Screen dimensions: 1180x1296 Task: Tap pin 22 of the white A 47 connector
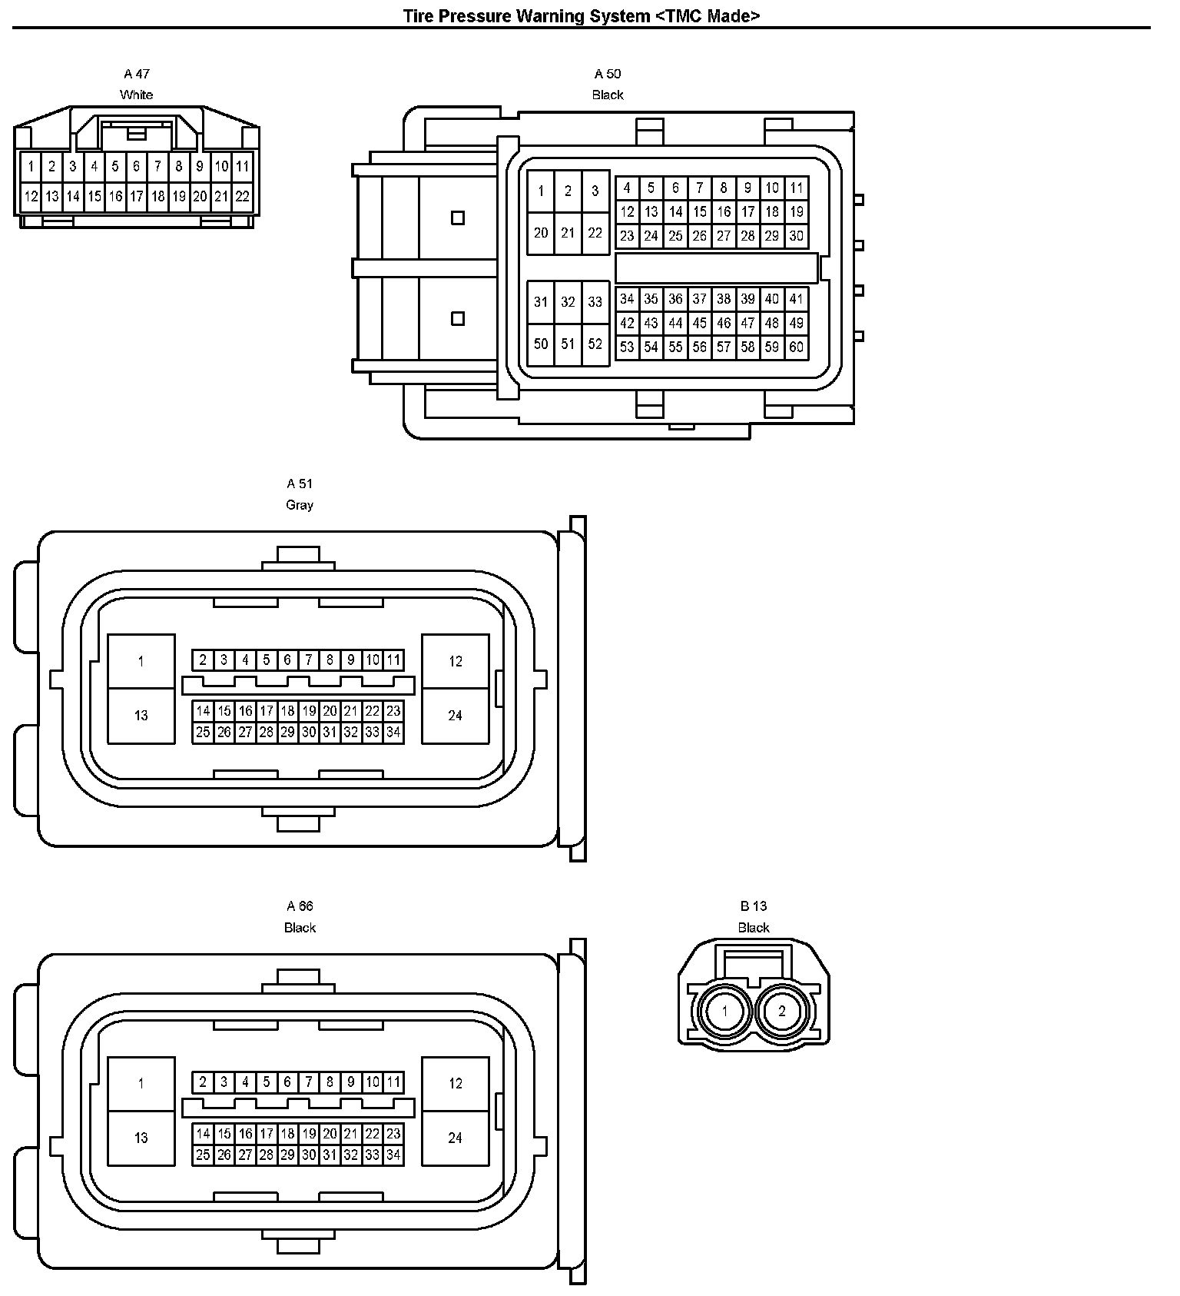[x=242, y=197]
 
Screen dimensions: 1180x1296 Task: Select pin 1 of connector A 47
[x=31, y=166]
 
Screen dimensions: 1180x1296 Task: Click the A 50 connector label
[x=608, y=74]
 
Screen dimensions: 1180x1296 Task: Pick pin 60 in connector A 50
[x=796, y=347]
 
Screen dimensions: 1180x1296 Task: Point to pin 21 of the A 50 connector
[x=568, y=233]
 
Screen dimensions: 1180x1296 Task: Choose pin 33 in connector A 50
[x=595, y=302]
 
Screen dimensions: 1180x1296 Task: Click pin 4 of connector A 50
[x=627, y=188]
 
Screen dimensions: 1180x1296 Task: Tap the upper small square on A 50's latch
[x=458, y=218]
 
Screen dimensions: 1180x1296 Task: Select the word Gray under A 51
[x=300, y=505]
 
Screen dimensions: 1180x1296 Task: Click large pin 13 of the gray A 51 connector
[x=141, y=716]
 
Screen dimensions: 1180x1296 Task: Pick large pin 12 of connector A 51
[x=456, y=661]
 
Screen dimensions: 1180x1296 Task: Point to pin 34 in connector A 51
[x=393, y=733]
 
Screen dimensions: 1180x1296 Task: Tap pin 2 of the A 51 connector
[x=203, y=660]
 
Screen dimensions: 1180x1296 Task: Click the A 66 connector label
[x=300, y=906]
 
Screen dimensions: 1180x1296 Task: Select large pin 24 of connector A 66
[x=456, y=1138]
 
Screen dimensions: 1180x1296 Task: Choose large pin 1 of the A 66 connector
[x=141, y=1084]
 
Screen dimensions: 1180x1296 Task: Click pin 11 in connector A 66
[x=393, y=1082]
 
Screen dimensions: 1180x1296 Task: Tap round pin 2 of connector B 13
[x=782, y=1011]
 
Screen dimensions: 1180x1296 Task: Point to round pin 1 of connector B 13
[x=724, y=1011]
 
